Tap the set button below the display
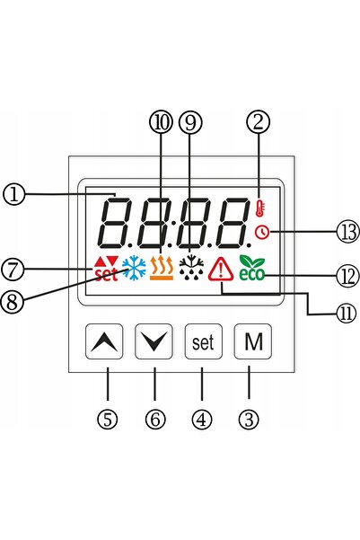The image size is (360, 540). tap(204, 341)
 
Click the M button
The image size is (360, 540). tap(253, 341)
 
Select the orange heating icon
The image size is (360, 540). tap(162, 269)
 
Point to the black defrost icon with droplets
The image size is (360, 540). tap(191, 268)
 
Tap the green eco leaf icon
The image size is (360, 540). tap(252, 268)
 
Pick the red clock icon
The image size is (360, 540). tap(262, 233)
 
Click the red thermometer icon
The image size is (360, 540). tap(260, 208)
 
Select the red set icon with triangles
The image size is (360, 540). tap(106, 269)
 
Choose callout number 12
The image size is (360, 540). tap(347, 276)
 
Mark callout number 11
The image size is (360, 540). tap(347, 314)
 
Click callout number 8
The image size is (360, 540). tap(12, 302)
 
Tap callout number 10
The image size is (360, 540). tap(161, 122)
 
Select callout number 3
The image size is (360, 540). tap(250, 420)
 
